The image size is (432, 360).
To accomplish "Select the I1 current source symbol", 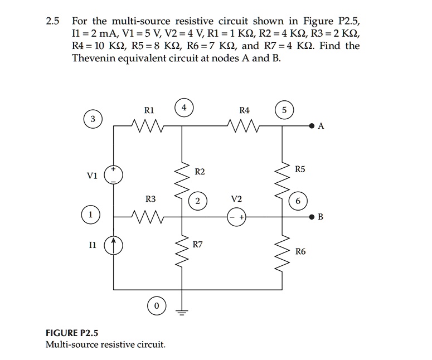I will coord(114,245).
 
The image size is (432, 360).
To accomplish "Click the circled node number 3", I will coord(93,120).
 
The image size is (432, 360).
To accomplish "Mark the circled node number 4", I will coord(184,107).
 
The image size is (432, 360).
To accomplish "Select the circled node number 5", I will coord(284,110).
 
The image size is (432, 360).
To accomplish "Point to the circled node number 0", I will coord(157,307).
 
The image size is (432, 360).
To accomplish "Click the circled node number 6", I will coord(298,201).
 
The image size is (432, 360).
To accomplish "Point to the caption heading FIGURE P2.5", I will coord(72,333).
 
